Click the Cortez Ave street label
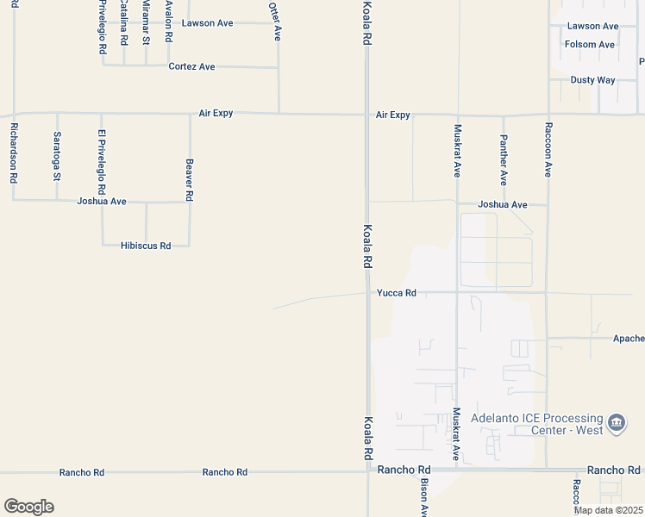[x=191, y=66]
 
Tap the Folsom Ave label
[x=590, y=44]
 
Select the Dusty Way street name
[x=592, y=80]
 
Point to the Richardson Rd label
[x=14, y=153]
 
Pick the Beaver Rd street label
[x=189, y=178]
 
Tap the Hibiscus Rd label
[x=147, y=246]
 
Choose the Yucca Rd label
[x=397, y=293]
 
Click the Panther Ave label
[x=504, y=159]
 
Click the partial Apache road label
[x=628, y=339]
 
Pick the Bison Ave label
[x=424, y=499]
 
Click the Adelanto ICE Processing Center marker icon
[x=617, y=422]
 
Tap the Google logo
[x=28, y=507]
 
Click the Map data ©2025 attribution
[x=608, y=510]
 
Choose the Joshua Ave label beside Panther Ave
[x=503, y=205]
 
